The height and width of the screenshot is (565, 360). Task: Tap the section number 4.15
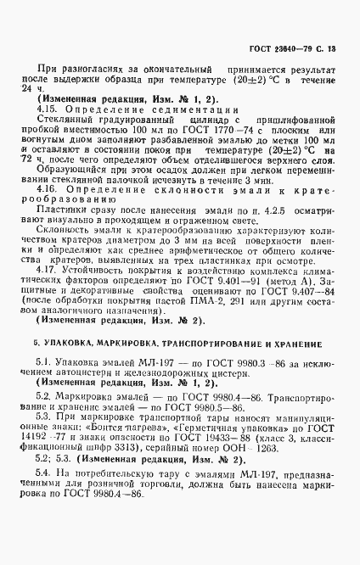click(x=61, y=109)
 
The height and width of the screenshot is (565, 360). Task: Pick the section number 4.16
click(x=61, y=193)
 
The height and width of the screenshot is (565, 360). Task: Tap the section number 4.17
click(x=61, y=288)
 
